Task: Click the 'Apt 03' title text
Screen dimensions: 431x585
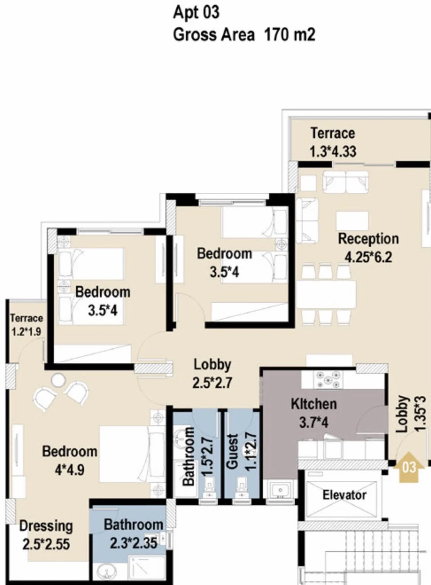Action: pos(196,13)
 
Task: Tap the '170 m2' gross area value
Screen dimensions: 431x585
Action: pos(290,34)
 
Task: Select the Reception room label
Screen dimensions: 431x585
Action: pos(368,239)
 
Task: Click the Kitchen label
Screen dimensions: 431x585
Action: pos(314,404)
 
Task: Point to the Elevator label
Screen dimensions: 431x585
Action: pos(344,495)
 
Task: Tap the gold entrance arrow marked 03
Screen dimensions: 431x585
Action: pos(409,467)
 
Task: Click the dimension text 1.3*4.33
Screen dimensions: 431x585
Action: pos(333,151)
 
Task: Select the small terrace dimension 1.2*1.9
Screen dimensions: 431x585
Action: pos(26,332)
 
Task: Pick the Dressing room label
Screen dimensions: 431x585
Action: pos(46,526)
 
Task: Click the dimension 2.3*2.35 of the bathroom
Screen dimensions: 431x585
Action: pos(133,543)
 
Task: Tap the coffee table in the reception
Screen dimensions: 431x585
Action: pos(352,221)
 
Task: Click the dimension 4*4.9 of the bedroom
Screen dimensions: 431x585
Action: pos(69,470)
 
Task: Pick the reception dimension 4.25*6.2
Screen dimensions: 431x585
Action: pos(368,257)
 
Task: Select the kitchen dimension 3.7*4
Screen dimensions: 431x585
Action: pos(314,422)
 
